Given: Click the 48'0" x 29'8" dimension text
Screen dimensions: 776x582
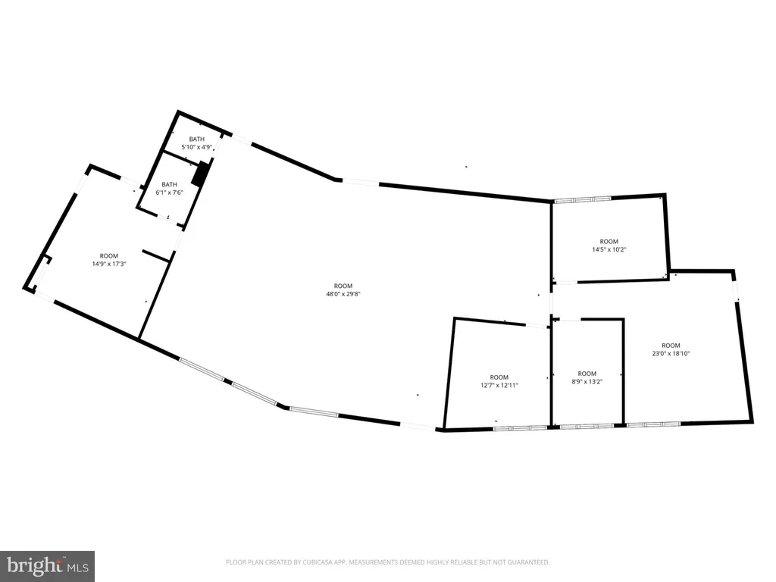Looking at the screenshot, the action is [343, 294].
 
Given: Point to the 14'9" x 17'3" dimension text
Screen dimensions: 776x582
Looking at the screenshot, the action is [109, 264].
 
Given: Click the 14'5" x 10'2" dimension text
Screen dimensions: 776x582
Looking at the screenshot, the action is [609, 250].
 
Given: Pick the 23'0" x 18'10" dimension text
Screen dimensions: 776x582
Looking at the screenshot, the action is [671, 354].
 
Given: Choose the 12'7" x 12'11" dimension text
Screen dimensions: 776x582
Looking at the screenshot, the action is [499, 386].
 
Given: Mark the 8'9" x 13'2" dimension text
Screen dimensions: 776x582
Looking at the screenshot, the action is [587, 382].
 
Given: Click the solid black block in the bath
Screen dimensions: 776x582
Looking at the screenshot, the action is [200, 174].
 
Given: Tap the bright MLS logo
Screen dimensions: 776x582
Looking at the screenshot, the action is [48, 566].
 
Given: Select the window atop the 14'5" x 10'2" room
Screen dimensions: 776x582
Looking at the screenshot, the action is [583, 199].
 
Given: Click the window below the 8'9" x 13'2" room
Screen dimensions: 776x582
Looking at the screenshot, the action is [587, 426].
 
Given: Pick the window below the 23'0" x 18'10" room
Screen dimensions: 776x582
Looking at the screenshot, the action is [654, 424].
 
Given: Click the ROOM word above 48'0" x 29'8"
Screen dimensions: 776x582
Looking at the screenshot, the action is [343, 286].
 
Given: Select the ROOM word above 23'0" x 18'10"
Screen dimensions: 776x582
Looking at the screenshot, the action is [671, 346].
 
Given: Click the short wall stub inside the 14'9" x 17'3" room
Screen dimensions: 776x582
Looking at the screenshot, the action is [156, 256].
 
